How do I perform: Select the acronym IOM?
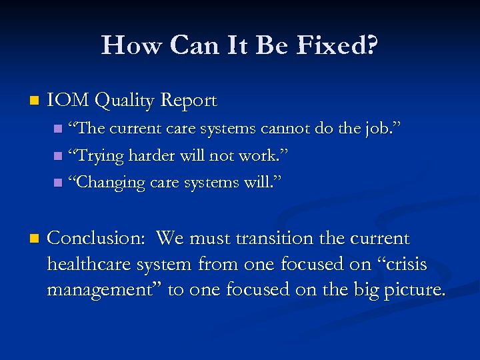click(x=69, y=101)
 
